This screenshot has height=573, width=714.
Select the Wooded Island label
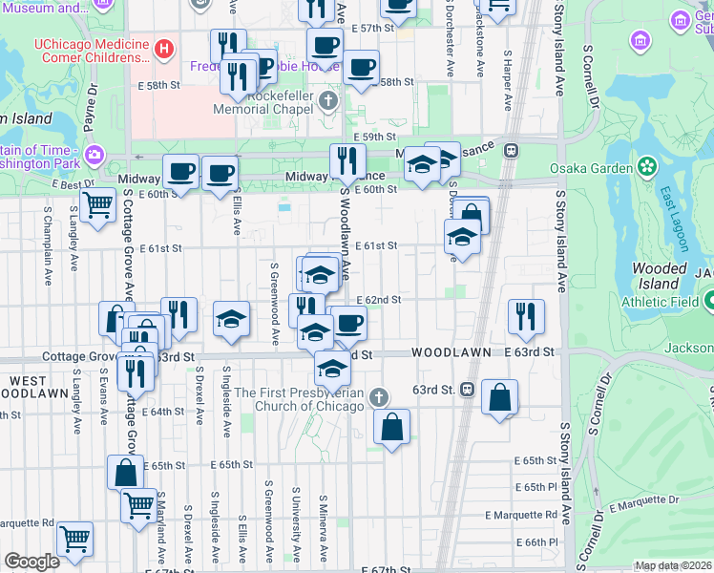(659, 277)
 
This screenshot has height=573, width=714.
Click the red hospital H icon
(165, 46)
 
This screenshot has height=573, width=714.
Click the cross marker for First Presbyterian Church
(379, 397)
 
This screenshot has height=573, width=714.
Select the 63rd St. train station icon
(468, 390)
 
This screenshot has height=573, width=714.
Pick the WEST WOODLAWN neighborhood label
(28, 387)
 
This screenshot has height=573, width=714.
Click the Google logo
(32, 561)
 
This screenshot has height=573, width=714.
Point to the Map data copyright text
(673, 565)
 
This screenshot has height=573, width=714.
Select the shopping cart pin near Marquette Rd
(74, 538)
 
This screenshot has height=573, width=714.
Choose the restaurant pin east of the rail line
(525, 316)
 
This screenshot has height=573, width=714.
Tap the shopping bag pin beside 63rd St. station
(499, 396)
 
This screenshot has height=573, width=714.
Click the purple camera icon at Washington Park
(94, 155)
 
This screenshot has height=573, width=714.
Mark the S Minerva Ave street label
(325, 528)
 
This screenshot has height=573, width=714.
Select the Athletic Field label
(659, 303)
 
